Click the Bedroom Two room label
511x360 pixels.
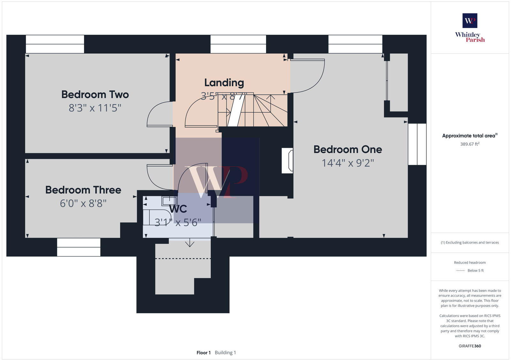pos(95,94)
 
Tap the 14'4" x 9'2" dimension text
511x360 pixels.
pos(347,163)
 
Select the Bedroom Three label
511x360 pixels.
pos(83,190)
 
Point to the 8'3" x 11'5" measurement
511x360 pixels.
pos(95,108)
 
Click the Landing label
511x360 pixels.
pos(224,83)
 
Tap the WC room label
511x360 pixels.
pos(178,209)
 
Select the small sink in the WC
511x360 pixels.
pos(169,201)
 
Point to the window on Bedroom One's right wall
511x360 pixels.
pos(417,144)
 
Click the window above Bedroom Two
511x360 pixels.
pos(55,44)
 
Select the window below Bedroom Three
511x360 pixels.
pos(79,247)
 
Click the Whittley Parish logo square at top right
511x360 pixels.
pos(470,21)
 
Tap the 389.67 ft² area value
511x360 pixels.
pos(469,144)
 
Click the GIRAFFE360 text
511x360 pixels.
pos(469,346)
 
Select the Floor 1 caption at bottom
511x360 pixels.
pos(203,353)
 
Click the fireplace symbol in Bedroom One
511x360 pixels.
pos(287,161)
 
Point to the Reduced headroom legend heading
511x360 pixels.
pos(469,263)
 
